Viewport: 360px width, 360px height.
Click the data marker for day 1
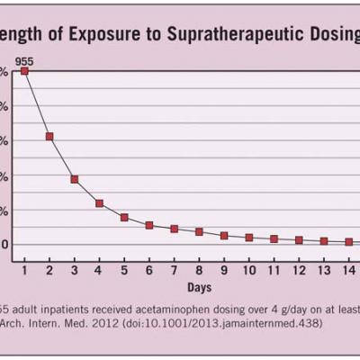pyautogui.click(x=24, y=70)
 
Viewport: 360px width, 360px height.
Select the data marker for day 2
pyautogui.click(x=49, y=137)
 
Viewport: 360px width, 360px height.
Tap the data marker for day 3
pyautogui.click(x=75, y=179)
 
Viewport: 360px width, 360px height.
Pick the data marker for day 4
pyautogui.click(x=99, y=203)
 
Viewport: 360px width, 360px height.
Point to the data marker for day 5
pyautogui.click(x=124, y=218)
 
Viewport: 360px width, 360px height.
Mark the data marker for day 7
pyautogui.click(x=174, y=229)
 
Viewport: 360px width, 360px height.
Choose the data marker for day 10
pyautogui.click(x=248, y=238)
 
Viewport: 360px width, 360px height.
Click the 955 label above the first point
pyautogui.click(x=24, y=58)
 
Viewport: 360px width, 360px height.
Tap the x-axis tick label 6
pyautogui.click(x=149, y=270)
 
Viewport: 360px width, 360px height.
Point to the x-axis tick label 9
pyautogui.click(x=224, y=270)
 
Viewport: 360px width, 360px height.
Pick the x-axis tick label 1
pyautogui.click(x=24, y=270)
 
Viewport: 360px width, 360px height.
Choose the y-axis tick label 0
pyautogui.click(x=4, y=243)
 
